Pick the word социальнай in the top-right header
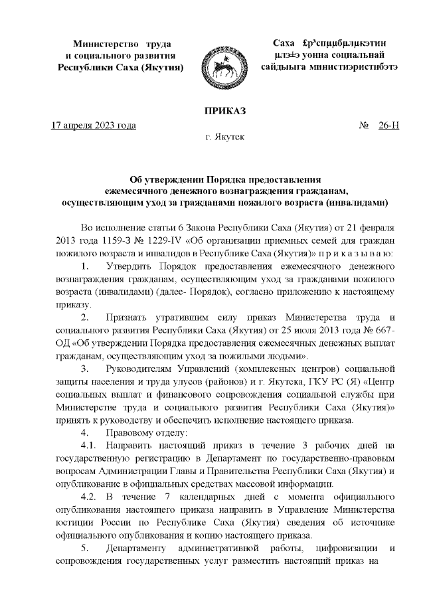point(363,54)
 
